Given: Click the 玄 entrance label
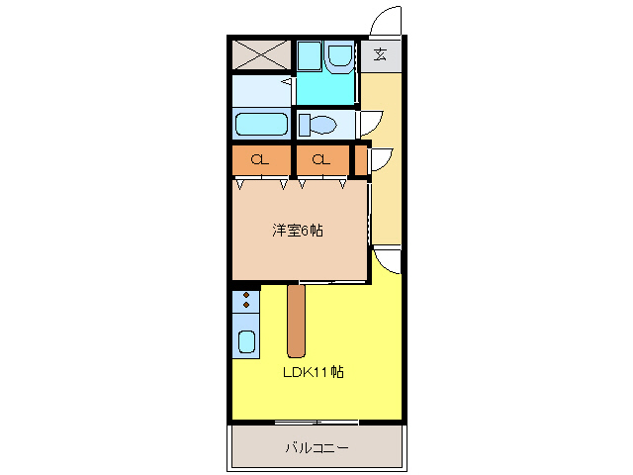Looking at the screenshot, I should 381,54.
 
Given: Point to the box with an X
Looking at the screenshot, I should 261,54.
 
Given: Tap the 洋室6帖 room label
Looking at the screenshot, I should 299,231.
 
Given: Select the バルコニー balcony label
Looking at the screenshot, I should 316,448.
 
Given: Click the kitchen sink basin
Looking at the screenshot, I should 246,342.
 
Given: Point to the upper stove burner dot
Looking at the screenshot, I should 245,295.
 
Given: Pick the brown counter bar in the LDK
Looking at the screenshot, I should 296,321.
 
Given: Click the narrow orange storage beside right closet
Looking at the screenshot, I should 360,159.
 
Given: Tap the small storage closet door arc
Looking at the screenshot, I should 381,157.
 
